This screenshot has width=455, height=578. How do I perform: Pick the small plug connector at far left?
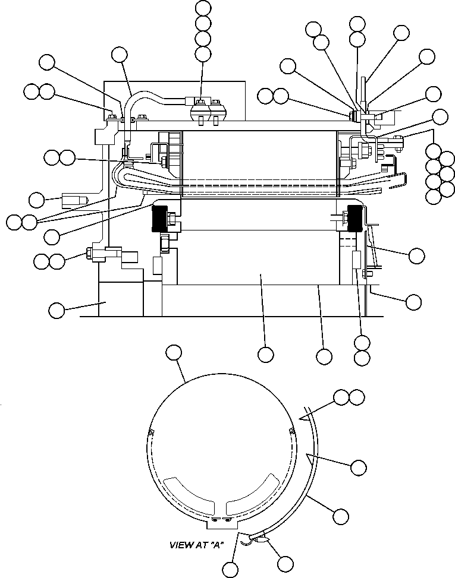74,201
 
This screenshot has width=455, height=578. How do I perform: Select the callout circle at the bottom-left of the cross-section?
57,309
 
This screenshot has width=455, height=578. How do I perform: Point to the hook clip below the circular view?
261,538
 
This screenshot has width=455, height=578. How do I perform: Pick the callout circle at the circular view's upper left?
173,352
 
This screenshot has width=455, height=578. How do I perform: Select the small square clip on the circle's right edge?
291,430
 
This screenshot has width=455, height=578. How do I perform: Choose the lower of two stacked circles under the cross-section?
362,357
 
